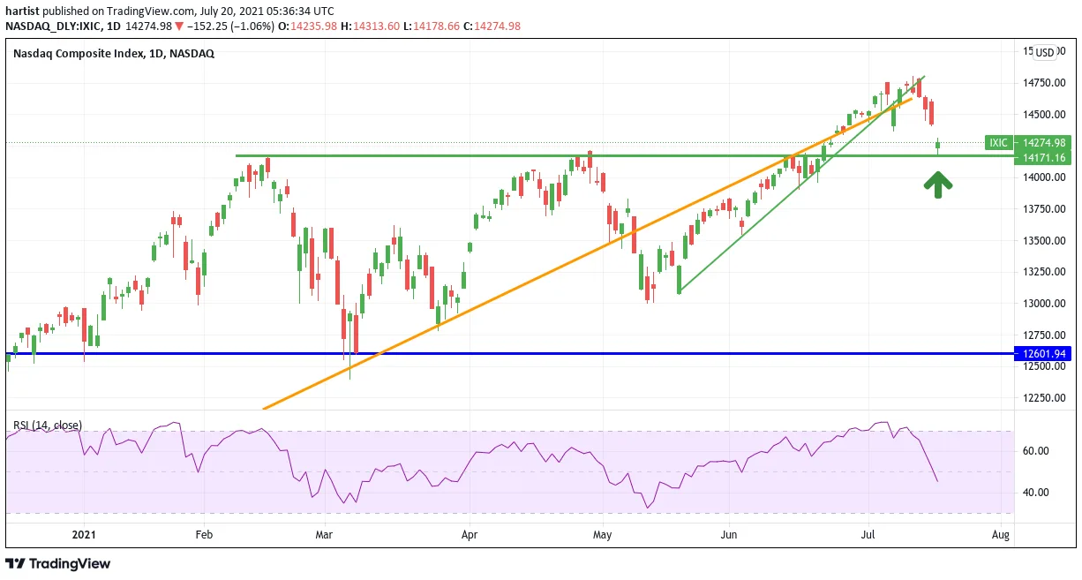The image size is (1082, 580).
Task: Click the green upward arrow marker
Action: (938, 185)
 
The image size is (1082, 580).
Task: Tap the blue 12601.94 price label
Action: (1042, 354)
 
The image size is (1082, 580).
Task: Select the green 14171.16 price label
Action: (1042, 157)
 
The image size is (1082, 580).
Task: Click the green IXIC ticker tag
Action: (999, 143)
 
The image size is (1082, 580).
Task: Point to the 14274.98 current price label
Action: (1042, 143)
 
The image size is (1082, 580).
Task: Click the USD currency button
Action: (1045, 53)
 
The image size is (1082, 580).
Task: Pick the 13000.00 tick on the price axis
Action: (1044, 304)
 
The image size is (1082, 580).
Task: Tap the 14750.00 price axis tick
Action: (1044, 83)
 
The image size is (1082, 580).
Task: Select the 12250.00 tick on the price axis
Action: (1044, 398)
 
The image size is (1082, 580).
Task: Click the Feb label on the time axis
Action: (204, 535)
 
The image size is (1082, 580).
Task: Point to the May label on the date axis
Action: (603, 535)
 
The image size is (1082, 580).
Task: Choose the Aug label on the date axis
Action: (1001, 535)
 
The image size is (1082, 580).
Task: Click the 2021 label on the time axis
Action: (84, 535)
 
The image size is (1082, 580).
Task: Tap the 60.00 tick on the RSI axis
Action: (1037, 451)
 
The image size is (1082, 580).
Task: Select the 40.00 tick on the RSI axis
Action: (1037, 493)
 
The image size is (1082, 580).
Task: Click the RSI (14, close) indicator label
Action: (48, 426)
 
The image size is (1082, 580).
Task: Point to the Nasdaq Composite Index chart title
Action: (114, 53)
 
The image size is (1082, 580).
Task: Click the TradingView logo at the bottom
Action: (58, 563)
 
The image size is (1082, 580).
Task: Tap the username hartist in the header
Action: (22, 11)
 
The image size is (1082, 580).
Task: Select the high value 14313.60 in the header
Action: (376, 26)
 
